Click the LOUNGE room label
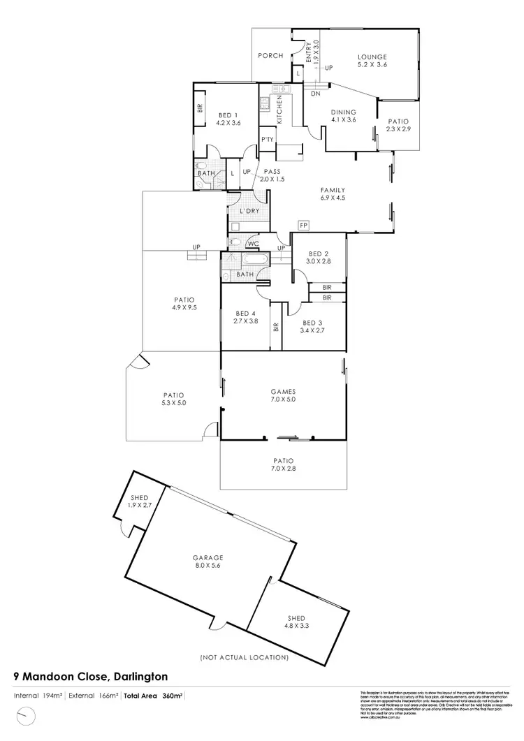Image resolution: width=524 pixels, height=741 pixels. point(372,57)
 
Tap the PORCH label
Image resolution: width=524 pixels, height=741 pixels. point(270,56)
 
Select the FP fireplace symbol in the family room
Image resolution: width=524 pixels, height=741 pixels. point(303,226)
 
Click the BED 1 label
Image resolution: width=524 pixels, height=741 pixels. point(228,115)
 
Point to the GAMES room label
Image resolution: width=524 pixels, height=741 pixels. point(283,392)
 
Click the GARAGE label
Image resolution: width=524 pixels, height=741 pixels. point(208,557)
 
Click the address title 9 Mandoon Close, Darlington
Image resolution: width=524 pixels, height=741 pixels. point(90,676)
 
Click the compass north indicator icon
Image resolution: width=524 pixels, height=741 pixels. point(26,716)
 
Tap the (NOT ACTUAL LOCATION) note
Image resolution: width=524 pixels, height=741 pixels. point(244,657)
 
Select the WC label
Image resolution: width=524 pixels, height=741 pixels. point(252,244)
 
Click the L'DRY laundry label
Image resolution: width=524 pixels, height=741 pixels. point(249,211)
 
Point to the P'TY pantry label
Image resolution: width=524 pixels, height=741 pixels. point(267,139)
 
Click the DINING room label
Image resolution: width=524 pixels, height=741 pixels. point(344,112)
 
